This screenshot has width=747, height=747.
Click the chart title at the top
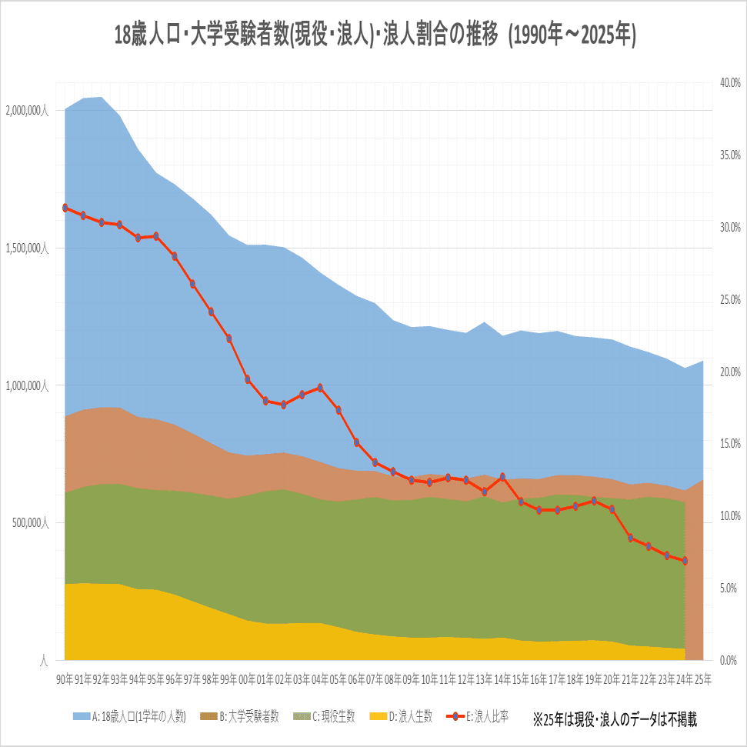(x=374, y=36)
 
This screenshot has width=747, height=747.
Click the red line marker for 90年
(x=65, y=208)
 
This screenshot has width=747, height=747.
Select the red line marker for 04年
(x=320, y=388)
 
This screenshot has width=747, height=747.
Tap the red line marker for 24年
(x=684, y=561)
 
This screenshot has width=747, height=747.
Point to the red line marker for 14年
(x=502, y=477)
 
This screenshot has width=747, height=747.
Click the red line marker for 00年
(x=248, y=379)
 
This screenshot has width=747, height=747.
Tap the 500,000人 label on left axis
(x=29, y=523)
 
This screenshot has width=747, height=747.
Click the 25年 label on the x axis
(x=702, y=679)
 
